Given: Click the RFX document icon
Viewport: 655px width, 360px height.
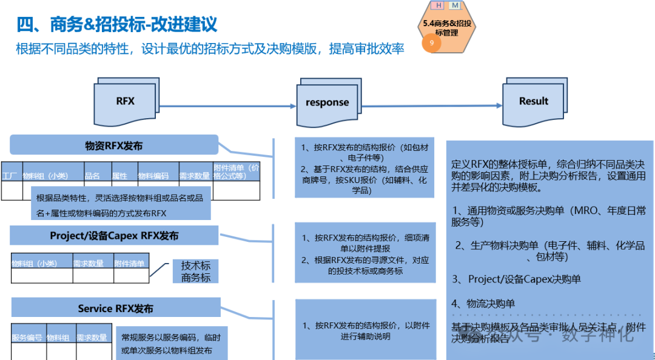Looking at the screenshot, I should (x=126, y=101).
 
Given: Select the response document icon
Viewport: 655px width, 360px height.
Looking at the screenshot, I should (x=327, y=102).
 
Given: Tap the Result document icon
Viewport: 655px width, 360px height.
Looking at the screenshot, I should (x=533, y=101).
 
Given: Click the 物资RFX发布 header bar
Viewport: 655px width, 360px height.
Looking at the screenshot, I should (x=114, y=145).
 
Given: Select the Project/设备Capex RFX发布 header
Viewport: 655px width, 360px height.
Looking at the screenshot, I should (x=114, y=235).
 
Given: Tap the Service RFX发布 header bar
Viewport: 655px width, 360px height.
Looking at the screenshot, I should (x=115, y=308).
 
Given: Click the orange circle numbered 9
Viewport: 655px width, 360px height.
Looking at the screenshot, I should (x=432, y=43).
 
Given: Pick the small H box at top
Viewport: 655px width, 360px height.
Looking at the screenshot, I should (x=437, y=5).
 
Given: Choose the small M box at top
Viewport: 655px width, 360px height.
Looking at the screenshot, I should (x=455, y=5).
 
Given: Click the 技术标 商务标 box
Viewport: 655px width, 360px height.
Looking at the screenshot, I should (x=195, y=272).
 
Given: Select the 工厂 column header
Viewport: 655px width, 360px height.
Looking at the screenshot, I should (x=9, y=176).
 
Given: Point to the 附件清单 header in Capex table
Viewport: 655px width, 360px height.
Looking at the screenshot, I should (x=130, y=263).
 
